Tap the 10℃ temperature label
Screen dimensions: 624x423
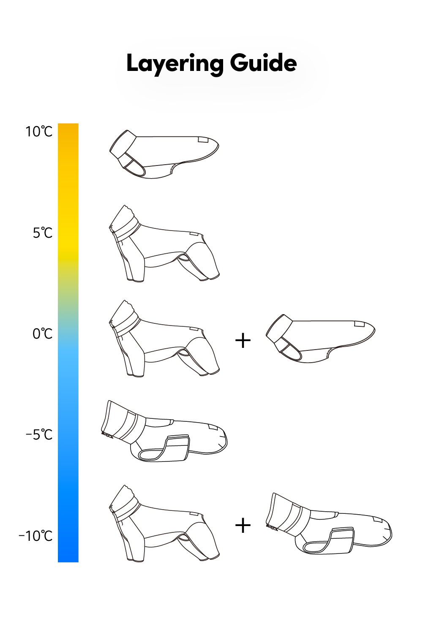39,132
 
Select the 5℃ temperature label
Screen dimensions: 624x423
43,233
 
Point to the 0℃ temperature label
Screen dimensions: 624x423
43,334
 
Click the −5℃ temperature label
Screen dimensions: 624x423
39,434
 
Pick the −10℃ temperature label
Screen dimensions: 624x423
35,536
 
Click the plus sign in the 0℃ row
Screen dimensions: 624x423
243,340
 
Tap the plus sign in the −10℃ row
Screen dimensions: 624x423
243,525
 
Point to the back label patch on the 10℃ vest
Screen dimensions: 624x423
205,140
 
